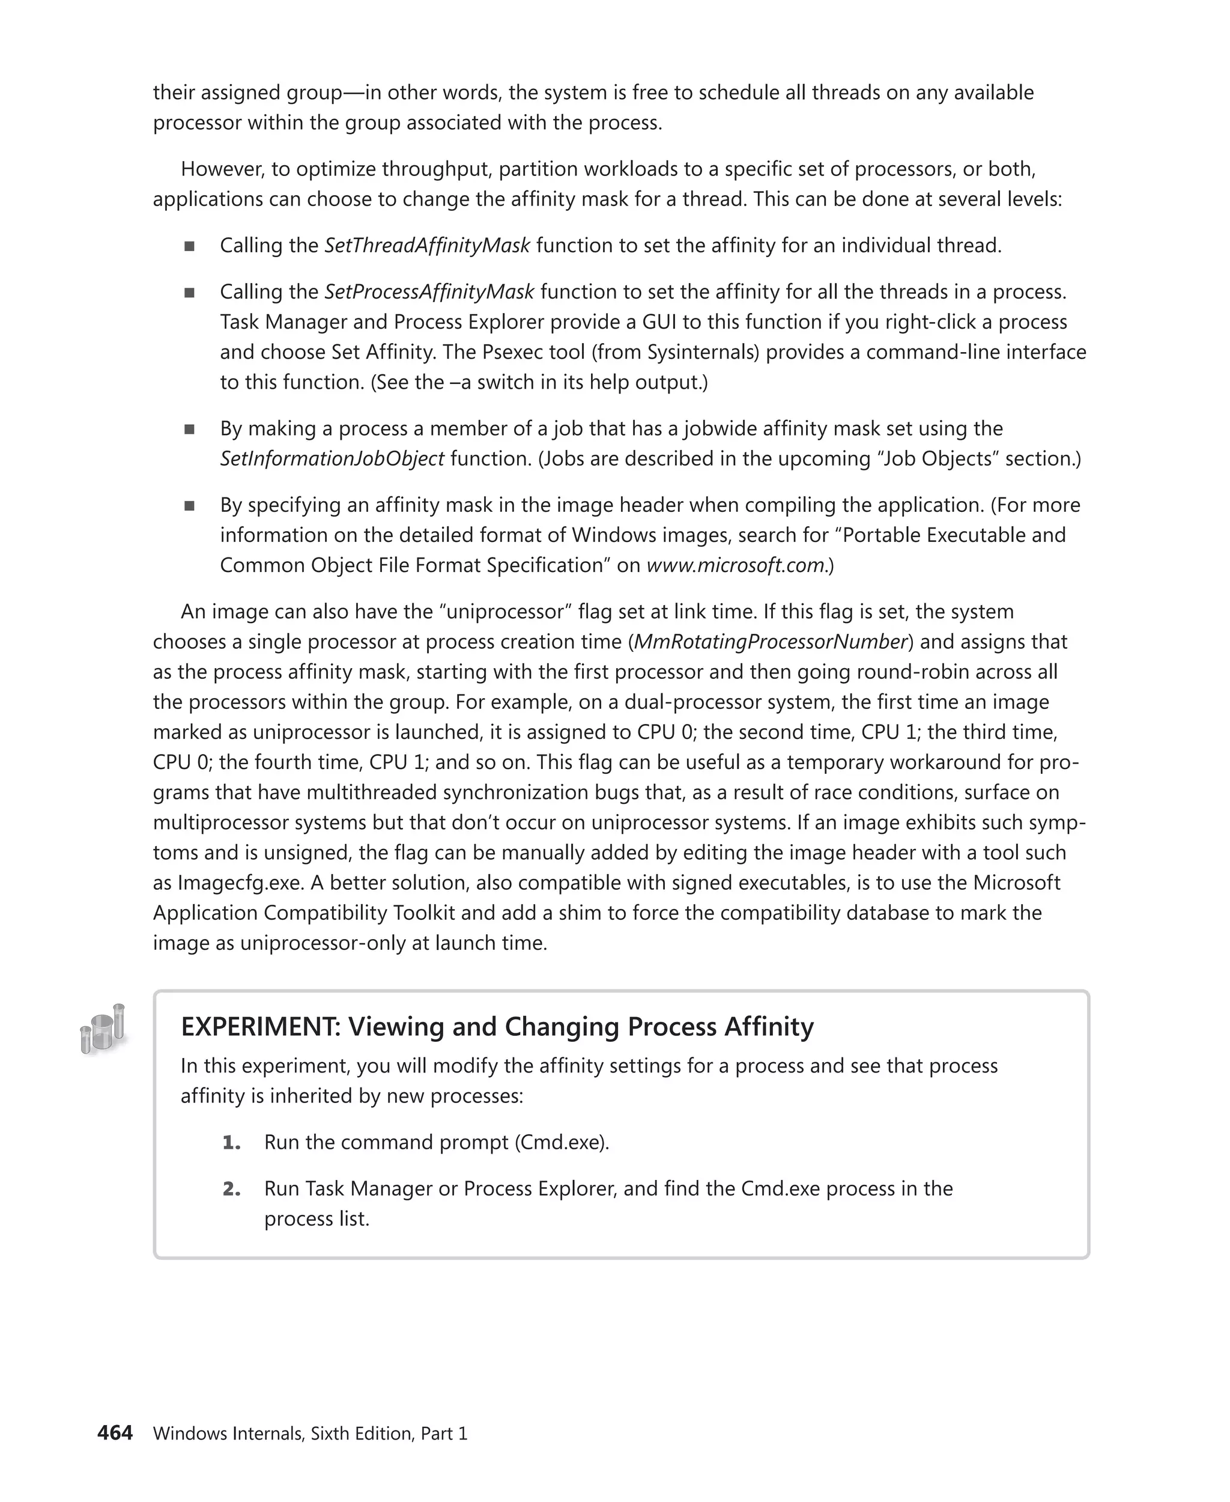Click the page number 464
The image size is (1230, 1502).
click(115, 1432)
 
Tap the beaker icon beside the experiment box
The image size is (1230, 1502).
click(102, 1029)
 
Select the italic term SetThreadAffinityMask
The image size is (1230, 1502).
click(427, 245)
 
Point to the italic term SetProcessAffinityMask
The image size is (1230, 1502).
click(429, 291)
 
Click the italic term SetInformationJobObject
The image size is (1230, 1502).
click(332, 458)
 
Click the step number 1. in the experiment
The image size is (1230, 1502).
click(231, 1142)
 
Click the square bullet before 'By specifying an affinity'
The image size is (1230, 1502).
click(189, 505)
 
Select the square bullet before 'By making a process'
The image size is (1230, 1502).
click(189, 429)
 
